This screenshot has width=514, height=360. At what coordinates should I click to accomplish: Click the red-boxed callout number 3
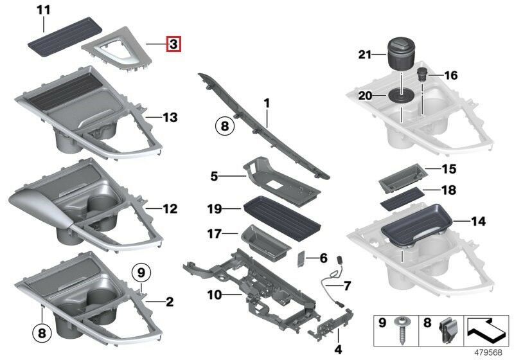click(173, 44)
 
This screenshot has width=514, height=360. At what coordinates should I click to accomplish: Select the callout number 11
click(43, 10)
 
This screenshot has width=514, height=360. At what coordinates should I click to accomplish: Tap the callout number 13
click(170, 118)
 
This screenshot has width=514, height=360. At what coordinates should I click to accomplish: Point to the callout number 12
click(170, 209)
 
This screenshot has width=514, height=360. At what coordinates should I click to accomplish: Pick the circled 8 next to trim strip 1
click(224, 126)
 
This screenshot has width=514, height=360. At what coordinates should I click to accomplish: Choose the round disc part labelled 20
click(402, 97)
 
